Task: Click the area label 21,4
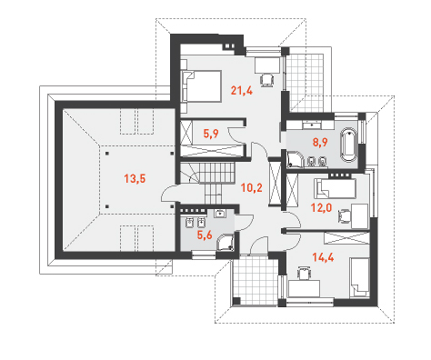242,90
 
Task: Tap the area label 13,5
135,179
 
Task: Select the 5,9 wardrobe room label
211,134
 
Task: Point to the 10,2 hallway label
252,188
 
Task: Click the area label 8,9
320,142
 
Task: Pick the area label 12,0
321,207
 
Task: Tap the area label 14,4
323,257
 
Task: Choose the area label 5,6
205,235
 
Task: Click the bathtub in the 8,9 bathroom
349,145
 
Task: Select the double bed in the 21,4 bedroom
201,86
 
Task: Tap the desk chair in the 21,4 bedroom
267,80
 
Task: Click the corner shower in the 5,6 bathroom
226,242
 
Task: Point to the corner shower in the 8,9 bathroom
296,159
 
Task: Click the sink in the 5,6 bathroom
219,214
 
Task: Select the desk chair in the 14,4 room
304,273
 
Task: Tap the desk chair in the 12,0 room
344,216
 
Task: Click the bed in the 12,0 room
336,188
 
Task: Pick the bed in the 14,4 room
359,277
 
